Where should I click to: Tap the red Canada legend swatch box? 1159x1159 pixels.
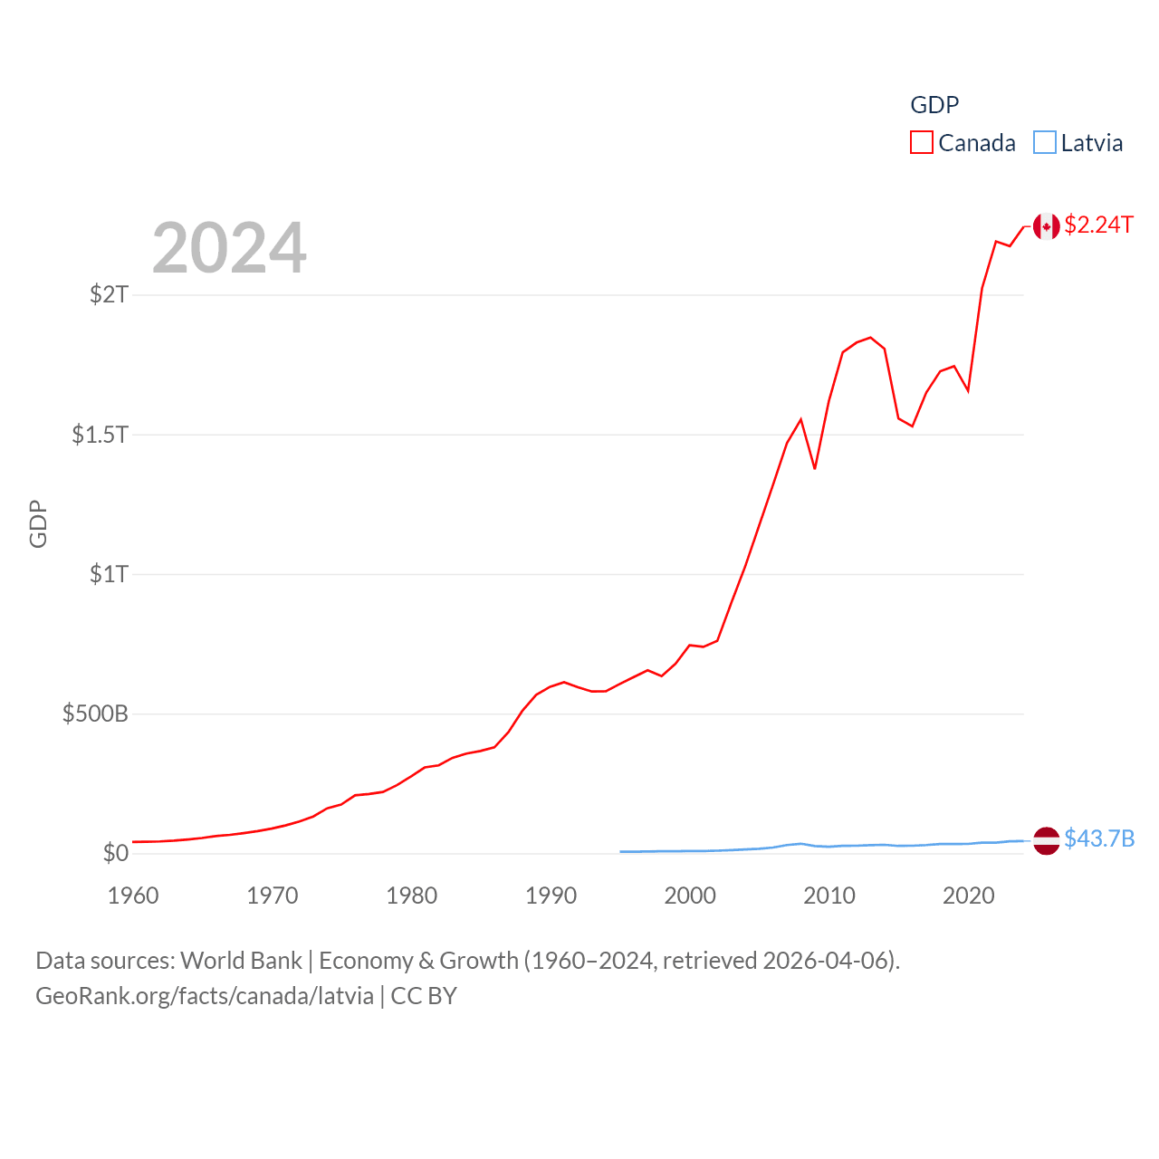point(922,143)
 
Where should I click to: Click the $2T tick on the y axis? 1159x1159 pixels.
point(109,294)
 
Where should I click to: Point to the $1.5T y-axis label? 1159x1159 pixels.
point(100,435)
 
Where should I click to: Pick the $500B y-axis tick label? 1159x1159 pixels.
point(95,714)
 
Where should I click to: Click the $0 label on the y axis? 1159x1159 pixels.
point(116,853)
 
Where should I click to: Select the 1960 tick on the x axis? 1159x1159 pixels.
point(133,896)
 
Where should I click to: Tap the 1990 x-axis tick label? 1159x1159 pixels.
point(551,896)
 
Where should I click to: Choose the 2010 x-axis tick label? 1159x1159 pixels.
point(829,896)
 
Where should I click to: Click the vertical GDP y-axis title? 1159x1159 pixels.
point(38,523)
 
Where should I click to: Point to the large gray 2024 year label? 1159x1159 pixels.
point(229,248)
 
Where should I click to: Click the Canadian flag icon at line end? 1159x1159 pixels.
point(1046,226)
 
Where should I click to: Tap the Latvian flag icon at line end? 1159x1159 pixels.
point(1046,840)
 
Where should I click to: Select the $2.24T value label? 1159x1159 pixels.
point(1098,225)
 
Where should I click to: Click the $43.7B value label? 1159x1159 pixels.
point(1099,838)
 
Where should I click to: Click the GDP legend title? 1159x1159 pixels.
point(934,105)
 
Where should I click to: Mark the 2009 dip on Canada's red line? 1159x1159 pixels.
point(815,468)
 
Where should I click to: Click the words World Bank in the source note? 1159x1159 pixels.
point(241,961)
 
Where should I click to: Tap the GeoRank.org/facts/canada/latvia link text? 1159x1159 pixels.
point(205,996)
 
